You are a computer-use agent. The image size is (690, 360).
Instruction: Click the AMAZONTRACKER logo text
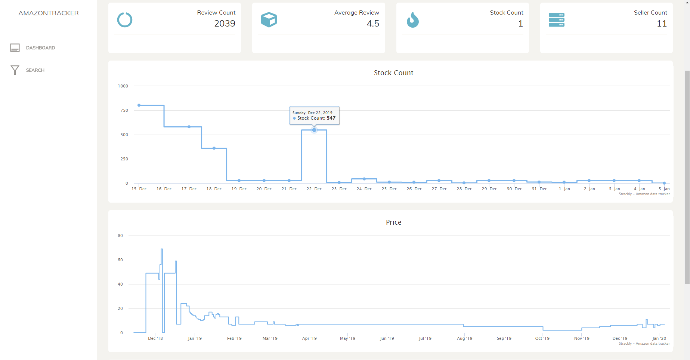point(49,13)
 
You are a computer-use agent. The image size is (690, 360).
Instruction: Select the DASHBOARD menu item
point(40,48)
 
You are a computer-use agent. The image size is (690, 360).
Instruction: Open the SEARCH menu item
point(35,70)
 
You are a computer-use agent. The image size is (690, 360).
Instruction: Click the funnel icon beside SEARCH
point(15,70)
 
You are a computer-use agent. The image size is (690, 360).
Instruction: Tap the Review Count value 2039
point(225,24)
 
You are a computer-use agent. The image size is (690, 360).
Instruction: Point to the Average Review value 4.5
point(373,24)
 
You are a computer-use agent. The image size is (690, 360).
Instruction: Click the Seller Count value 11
point(662,24)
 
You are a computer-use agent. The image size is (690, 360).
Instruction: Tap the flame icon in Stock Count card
point(412,20)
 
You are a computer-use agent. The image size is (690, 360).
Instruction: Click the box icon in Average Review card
point(269,20)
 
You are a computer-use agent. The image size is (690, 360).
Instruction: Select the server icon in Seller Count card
point(556,20)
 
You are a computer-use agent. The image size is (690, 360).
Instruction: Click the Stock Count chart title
point(393,73)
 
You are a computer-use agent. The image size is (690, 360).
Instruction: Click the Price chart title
point(393,222)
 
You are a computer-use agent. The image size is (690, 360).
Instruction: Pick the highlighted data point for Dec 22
point(314,130)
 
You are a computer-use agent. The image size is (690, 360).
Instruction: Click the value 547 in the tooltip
point(331,118)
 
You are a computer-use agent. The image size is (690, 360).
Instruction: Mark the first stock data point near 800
point(139,105)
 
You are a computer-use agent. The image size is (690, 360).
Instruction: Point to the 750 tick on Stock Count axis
point(124,110)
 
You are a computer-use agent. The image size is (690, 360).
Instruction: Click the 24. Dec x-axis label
point(364,189)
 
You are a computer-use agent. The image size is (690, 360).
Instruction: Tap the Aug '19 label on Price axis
point(464,338)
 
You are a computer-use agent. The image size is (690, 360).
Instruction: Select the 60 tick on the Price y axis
point(120,260)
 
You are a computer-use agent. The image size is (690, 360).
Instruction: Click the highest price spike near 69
point(162,249)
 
